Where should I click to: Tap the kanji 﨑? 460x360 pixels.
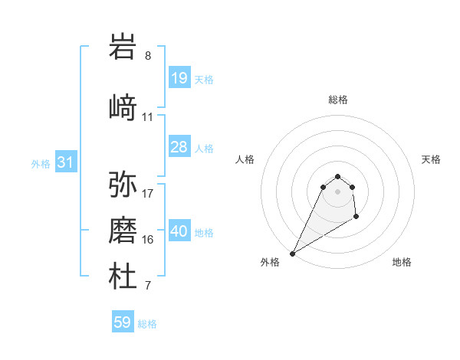tap(123, 107)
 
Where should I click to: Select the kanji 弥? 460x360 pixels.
tap(123, 184)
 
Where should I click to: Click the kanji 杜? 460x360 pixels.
tap(123, 277)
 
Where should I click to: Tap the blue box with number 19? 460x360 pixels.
tap(179, 77)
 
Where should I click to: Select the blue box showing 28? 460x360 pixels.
tap(179, 147)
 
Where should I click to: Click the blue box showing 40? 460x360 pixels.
tap(179, 231)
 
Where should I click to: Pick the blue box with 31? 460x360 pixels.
tap(65, 162)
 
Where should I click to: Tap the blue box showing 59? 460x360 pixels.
tap(123, 322)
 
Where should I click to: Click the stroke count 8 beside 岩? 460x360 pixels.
tap(148, 56)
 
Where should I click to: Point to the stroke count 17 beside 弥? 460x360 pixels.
tap(148, 193)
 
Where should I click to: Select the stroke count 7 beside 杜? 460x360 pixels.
tap(148, 286)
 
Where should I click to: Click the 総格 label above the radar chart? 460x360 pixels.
tap(338, 100)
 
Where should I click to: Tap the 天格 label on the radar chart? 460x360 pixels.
tap(432, 159)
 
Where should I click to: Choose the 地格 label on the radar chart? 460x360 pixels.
tap(402, 262)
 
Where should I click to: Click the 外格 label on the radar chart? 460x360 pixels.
tap(270, 262)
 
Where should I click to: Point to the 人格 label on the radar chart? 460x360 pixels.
tap(245, 159)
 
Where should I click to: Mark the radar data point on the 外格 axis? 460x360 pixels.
tap(292, 254)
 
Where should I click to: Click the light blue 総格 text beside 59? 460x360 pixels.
tap(147, 324)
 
